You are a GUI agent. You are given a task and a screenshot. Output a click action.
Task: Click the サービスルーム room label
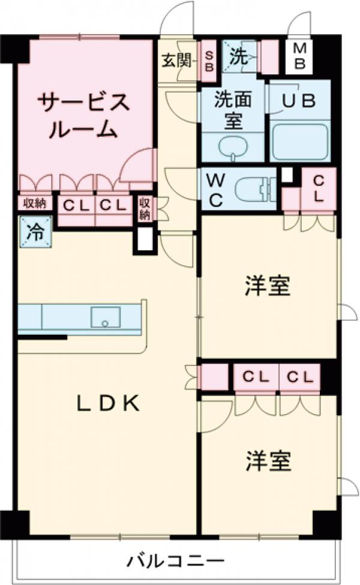(x=83, y=116)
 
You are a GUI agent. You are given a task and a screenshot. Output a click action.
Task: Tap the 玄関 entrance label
(x=176, y=61)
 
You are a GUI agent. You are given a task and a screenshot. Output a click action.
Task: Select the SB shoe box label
(x=208, y=60)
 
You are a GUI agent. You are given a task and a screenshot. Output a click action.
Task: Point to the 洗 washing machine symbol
(x=239, y=58)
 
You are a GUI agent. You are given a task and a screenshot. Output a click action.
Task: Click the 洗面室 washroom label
(x=232, y=109)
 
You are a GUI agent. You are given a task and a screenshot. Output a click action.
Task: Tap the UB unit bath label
(x=299, y=101)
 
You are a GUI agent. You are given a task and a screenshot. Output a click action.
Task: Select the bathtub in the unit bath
(x=300, y=142)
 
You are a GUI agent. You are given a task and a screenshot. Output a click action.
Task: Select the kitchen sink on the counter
(x=106, y=316)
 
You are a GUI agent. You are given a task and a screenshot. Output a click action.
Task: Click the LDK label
(x=108, y=404)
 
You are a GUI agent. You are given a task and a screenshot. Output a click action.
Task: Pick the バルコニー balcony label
(x=175, y=562)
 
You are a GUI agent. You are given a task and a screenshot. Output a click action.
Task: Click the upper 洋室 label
(x=268, y=286)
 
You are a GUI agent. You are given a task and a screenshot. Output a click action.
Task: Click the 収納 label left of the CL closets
(x=35, y=203)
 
